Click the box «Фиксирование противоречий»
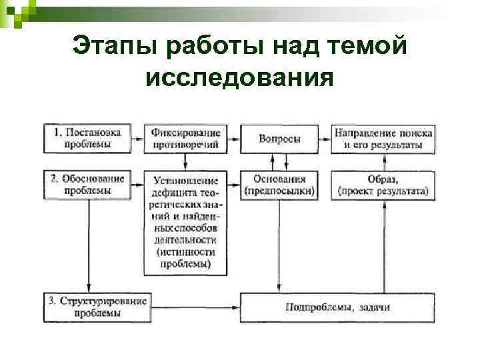point(186,138)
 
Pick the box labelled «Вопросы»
point(279,139)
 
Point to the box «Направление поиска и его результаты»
point(383,138)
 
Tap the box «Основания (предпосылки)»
point(279,185)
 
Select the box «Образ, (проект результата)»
point(383,185)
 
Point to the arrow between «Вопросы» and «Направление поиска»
point(325,139)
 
